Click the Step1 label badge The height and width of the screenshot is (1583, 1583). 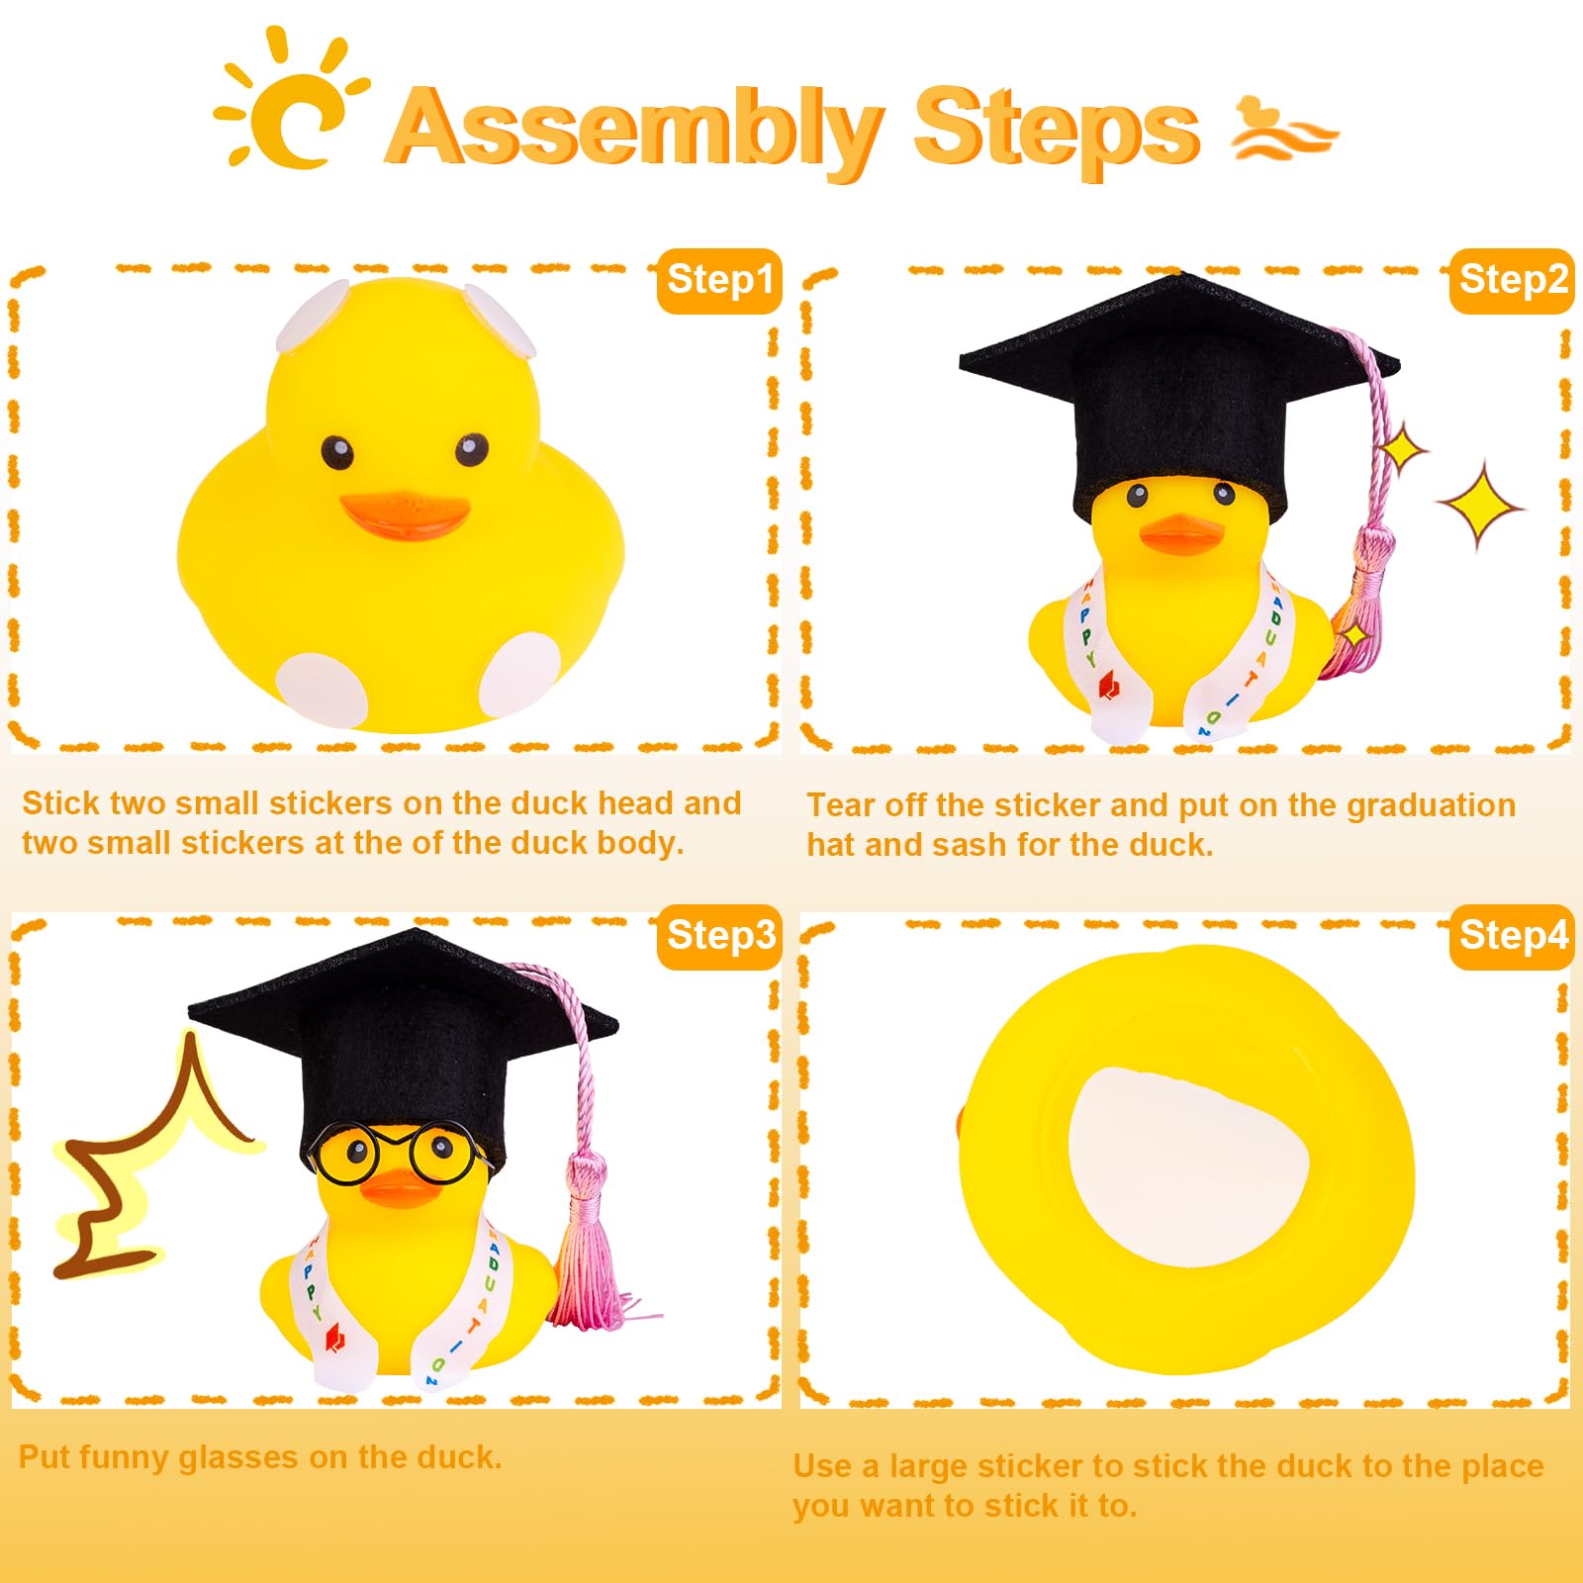point(719,280)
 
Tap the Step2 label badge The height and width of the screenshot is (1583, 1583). point(1512,280)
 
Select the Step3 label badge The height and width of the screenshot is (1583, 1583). point(719,936)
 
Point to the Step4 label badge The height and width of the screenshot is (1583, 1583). point(1512,936)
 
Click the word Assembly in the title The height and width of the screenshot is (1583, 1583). point(633,129)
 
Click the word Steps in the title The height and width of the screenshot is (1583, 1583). point(1056,129)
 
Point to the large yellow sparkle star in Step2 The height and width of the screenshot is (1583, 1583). point(1480,506)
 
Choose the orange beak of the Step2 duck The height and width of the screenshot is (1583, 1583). point(1181,535)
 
